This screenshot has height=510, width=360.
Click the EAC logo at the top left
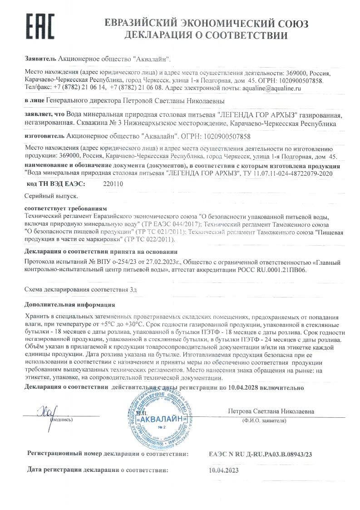coord(39,27)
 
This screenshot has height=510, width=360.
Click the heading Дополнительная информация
coord(70,305)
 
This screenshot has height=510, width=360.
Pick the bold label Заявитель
coord(40,59)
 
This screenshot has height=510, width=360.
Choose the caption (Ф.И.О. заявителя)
coord(264,421)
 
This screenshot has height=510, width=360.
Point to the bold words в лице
coord(34,100)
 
